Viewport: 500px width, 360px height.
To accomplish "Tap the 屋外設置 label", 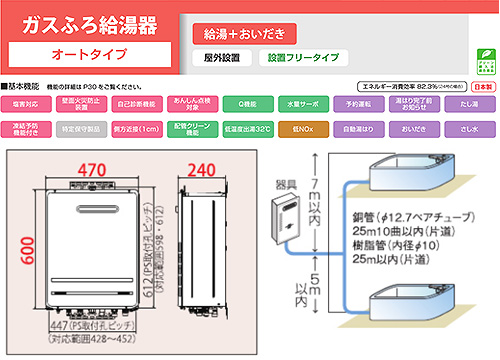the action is point(222,59).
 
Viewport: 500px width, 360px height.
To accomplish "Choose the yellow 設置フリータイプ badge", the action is point(299,59).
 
